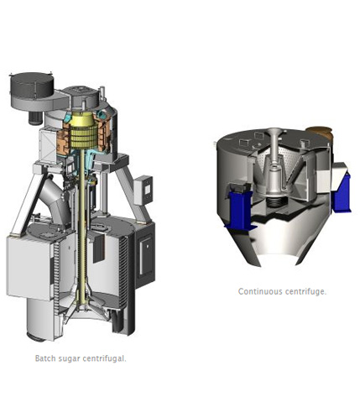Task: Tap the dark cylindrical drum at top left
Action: pos(31,85)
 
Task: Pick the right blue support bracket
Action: pos(342,192)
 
